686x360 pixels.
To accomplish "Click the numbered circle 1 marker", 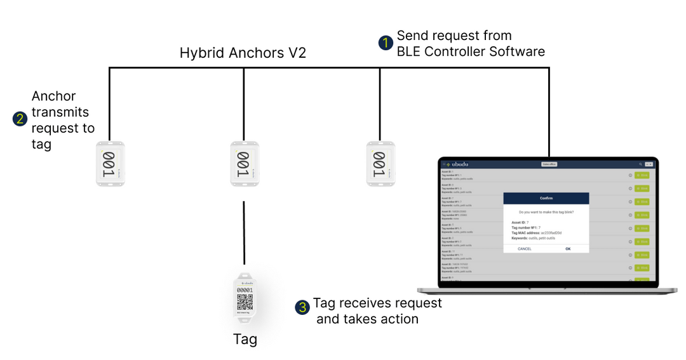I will point(385,43).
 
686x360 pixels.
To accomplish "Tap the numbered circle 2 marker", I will point(20,119).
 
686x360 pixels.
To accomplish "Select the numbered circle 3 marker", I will point(302,307).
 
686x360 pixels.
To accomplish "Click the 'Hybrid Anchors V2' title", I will point(243,53).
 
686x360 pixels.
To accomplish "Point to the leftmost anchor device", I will point(110,164).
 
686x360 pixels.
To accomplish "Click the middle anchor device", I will point(244,164).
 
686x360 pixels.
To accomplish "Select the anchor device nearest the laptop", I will point(380,164).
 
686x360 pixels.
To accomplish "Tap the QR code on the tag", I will point(245,301).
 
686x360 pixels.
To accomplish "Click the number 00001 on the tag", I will point(245,290).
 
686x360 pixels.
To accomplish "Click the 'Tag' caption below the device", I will point(245,340).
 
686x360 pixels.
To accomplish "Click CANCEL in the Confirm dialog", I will point(525,249).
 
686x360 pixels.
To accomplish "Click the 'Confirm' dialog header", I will point(546,198).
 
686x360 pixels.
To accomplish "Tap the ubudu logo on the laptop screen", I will point(455,164).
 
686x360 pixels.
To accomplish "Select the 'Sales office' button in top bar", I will point(549,164).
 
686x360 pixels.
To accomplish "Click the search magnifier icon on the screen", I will point(640,164).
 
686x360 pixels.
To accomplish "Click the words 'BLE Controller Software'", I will point(471,51).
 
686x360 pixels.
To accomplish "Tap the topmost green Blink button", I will point(642,175).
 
